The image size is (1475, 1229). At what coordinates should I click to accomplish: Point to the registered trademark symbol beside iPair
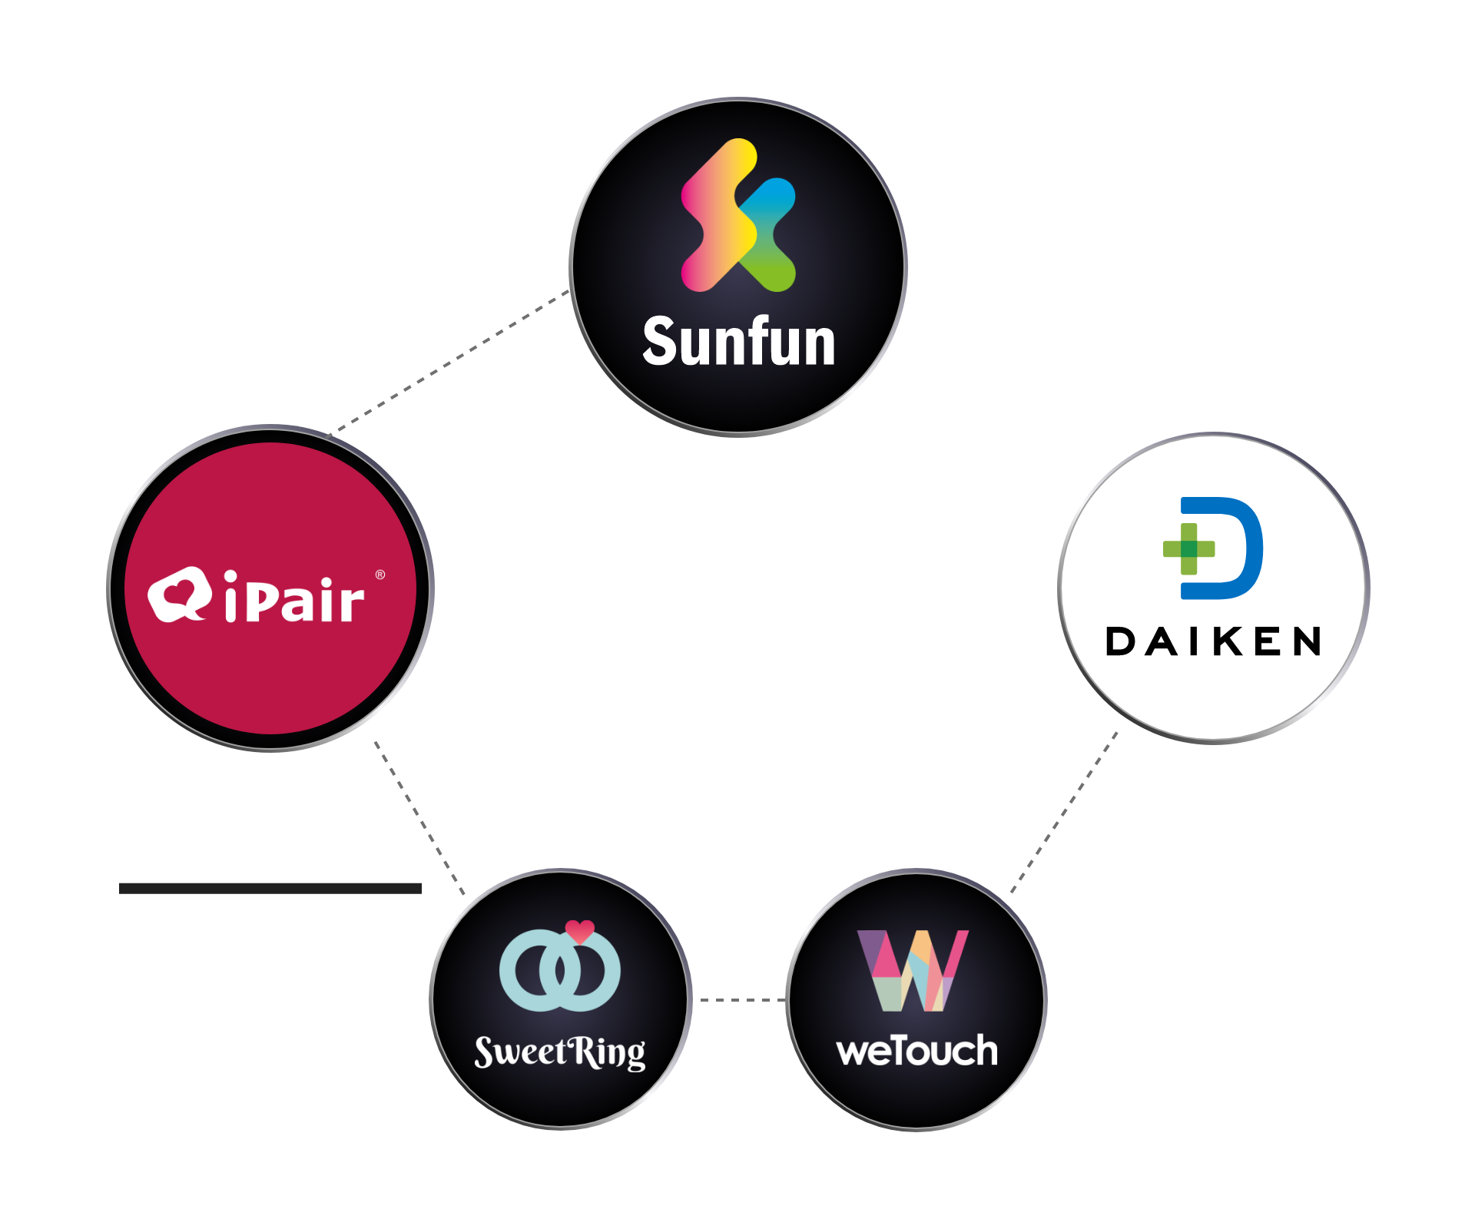(x=380, y=575)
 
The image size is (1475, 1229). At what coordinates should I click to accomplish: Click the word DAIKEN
(x=1214, y=641)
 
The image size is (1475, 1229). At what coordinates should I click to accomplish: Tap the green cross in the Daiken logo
(x=1188, y=548)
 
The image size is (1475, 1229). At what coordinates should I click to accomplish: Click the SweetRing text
(x=560, y=1052)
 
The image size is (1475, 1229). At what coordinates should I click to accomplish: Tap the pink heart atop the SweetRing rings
(x=580, y=931)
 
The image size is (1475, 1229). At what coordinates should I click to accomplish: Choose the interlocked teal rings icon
(x=559, y=970)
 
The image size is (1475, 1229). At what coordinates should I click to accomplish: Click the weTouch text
(x=916, y=1050)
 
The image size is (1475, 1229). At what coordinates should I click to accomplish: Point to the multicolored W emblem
(x=913, y=971)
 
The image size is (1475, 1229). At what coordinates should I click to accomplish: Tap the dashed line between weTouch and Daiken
(x=1064, y=812)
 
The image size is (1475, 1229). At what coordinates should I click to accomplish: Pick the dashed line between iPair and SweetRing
(x=419, y=819)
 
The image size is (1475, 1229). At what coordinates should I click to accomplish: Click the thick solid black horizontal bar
(x=270, y=889)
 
